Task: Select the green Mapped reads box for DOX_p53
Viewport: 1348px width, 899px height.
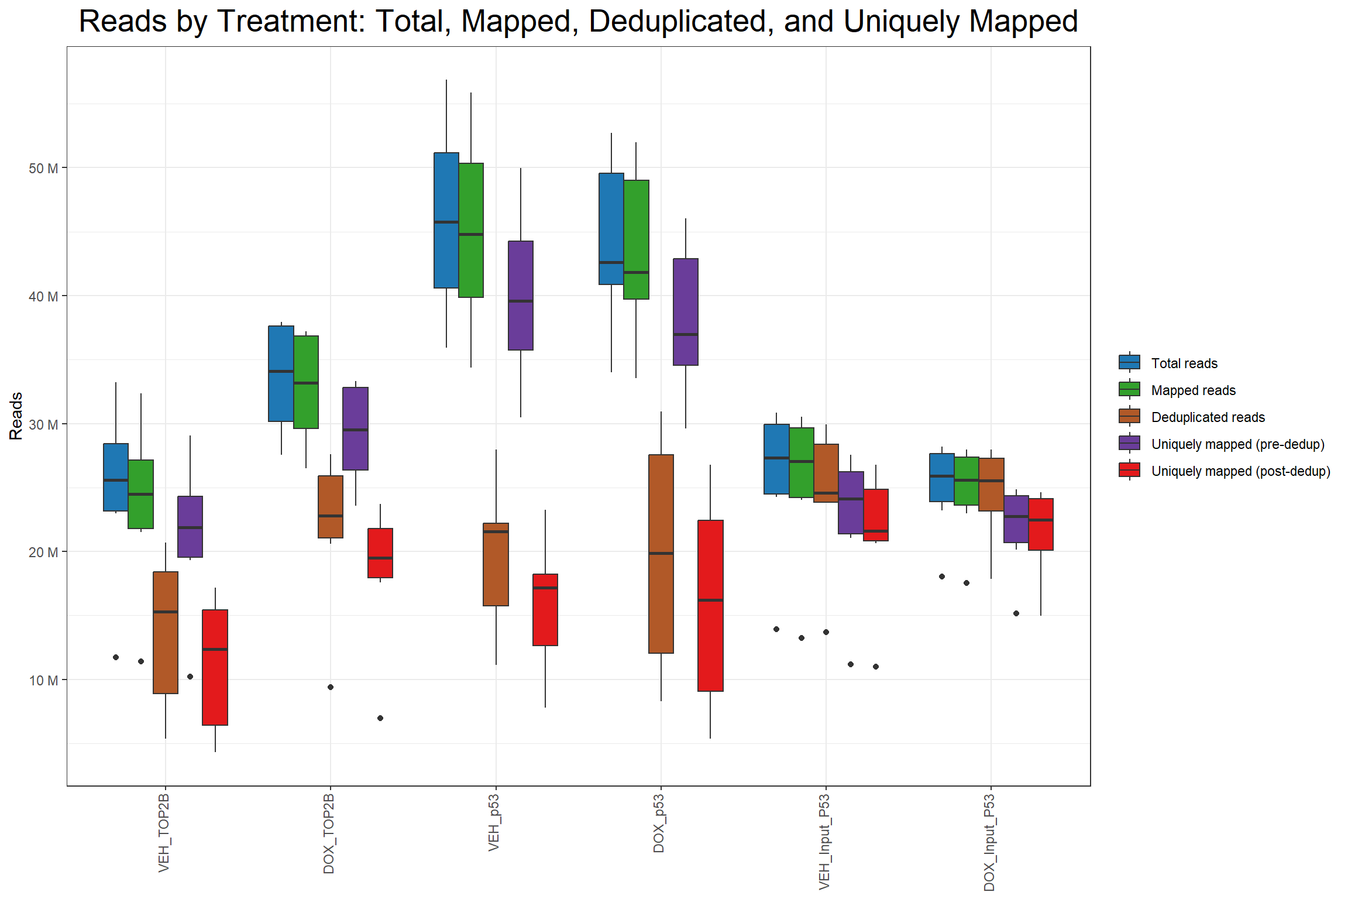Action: [x=636, y=239]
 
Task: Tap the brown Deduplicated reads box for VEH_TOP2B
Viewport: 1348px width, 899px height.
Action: [x=166, y=632]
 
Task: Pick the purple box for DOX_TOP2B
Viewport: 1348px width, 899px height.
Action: [x=355, y=428]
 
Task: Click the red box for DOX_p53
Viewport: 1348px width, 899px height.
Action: [x=710, y=605]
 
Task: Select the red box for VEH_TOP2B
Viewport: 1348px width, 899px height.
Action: [x=215, y=667]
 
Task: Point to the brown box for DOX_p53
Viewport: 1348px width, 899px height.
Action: [x=661, y=553]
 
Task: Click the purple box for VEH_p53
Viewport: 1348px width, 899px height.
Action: [x=521, y=296]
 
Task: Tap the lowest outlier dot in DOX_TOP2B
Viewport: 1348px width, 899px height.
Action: [x=380, y=718]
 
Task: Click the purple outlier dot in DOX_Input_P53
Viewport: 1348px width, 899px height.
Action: [x=1016, y=613]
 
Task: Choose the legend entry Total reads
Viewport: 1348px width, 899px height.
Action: [x=1184, y=363]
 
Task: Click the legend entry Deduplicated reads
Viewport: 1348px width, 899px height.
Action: [x=1208, y=417]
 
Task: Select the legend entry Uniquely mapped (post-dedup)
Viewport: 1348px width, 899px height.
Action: [x=1240, y=471]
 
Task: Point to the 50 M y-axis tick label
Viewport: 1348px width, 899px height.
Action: [x=43, y=169]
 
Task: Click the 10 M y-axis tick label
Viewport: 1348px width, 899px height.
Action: [x=43, y=681]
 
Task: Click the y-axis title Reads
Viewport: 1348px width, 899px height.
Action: [x=16, y=416]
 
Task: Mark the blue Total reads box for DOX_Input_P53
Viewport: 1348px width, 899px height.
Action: [x=942, y=477]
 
